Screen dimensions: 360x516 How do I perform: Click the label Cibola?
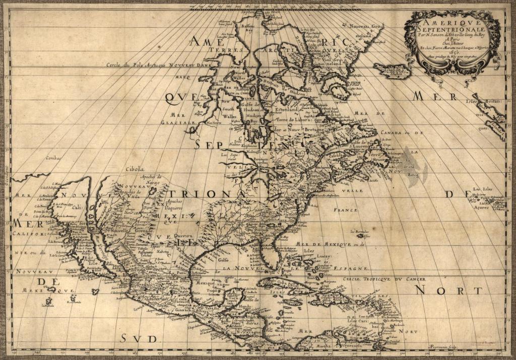[x=135, y=169]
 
